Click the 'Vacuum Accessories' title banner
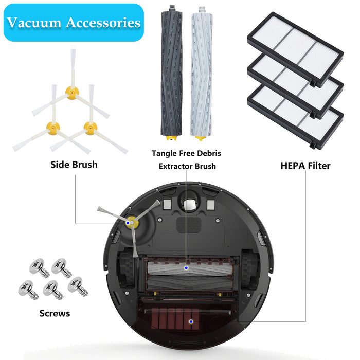(x=74, y=23)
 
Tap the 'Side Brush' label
(x=74, y=165)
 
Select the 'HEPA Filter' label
(x=305, y=166)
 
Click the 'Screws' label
(x=55, y=313)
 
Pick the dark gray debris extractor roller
(x=172, y=73)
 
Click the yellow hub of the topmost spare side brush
(x=72, y=93)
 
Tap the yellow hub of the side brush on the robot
(x=132, y=222)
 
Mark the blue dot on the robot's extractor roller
(x=186, y=268)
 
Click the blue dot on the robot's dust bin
(x=191, y=321)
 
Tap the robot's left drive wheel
(x=127, y=268)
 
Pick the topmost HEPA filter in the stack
(x=295, y=49)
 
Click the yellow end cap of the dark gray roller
(x=171, y=138)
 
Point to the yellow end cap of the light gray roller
(x=201, y=138)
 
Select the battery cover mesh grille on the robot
(x=189, y=225)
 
